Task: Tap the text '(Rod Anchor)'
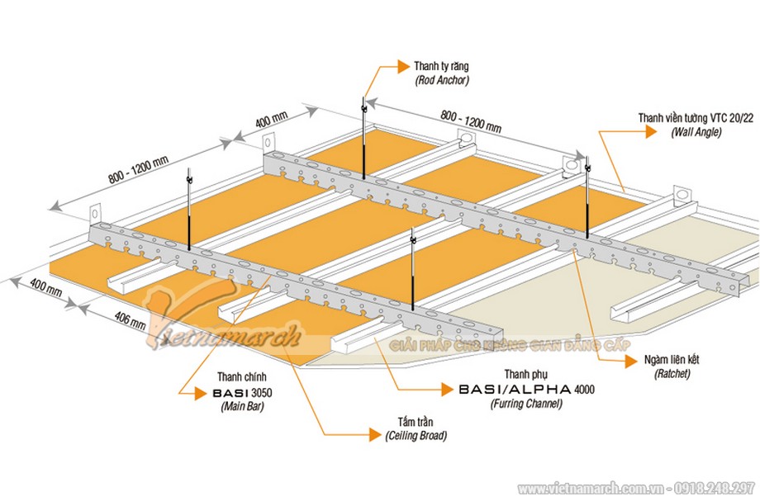[442, 80]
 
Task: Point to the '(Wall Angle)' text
[696, 132]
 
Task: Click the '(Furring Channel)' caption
[525, 404]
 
